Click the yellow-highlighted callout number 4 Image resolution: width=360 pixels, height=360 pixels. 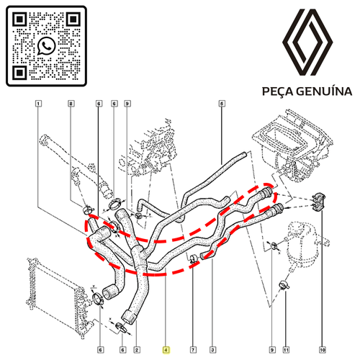click(x=166, y=350)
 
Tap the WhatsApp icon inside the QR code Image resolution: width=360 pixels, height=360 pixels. click(x=46, y=46)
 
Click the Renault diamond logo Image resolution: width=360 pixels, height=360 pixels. click(x=307, y=42)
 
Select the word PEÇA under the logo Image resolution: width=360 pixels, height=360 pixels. click(x=277, y=91)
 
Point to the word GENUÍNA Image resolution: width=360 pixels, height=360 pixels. click(x=324, y=91)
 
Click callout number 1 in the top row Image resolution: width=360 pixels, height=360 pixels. click(x=38, y=104)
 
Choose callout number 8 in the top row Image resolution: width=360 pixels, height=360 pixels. click(x=71, y=104)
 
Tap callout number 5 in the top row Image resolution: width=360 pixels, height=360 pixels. click(x=222, y=104)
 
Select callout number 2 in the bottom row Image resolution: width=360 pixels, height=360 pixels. click(x=137, y=350)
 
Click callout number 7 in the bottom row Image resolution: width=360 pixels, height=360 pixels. click(x=193, y=350)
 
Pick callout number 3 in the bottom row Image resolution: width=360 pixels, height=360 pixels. click(x=212, y=350)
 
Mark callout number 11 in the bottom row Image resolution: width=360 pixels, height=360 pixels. click(x=286, y=350)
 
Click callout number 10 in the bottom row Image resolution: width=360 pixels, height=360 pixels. click(x=323, y=350)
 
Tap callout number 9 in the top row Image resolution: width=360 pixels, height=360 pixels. click(x=127, y=104)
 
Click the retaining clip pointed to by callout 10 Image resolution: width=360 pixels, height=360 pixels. click(x=319, y=202)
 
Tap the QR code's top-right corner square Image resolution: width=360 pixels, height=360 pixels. click(x=73, y=19)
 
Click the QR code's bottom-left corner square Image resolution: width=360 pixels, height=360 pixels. click(x=19, y=73)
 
